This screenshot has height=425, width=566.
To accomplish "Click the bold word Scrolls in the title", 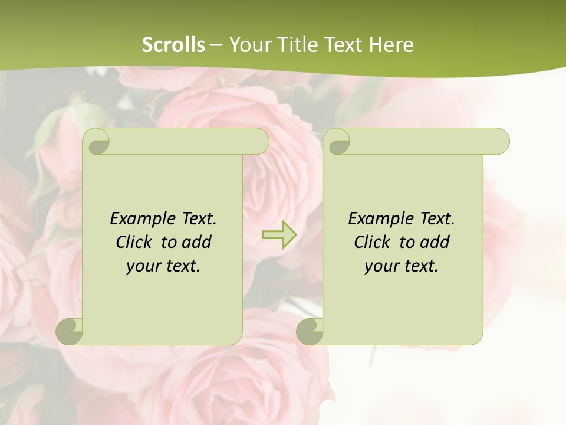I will click(173, 45).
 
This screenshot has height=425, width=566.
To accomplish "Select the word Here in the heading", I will click(391, 45).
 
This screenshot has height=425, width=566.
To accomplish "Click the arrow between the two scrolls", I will click(279, 235).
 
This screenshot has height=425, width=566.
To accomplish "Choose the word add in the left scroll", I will click(197, 242).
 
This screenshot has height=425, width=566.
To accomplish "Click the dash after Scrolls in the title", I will click(216, 45).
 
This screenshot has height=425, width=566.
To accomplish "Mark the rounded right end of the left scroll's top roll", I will click(259, 142).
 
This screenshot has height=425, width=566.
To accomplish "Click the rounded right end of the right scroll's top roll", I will click(500, 142).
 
